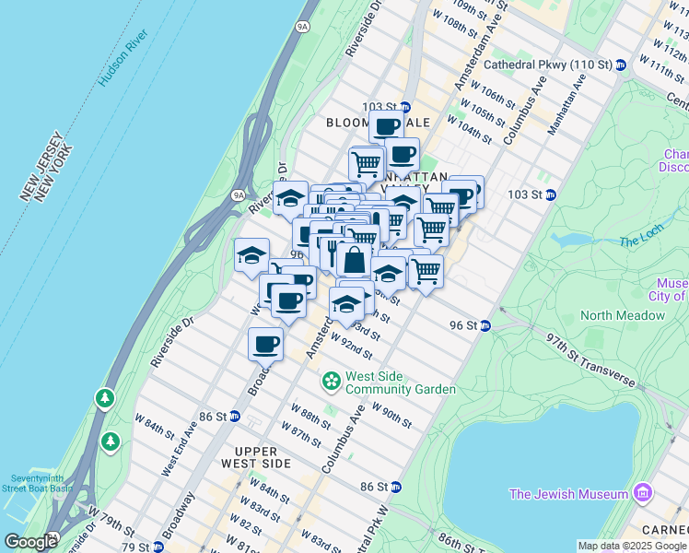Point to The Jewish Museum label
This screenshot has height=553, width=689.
click(x=568, y=494)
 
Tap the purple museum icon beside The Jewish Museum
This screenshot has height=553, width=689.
click(x=643, y=494)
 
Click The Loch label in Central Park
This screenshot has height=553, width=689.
click(x=641, y=241)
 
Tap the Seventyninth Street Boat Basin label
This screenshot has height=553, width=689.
click(x=41, y=483)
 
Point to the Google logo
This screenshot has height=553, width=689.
click(x=30, y=542)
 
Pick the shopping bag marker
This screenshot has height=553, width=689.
click(x=354, y=261)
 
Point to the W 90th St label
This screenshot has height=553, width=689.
click(x=391, y=415)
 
